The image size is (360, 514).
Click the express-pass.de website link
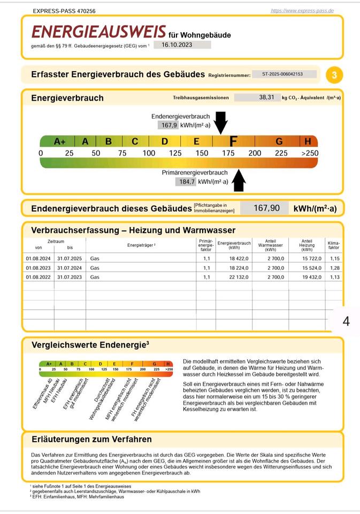click(302, 10)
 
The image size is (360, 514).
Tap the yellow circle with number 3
click(334, 75)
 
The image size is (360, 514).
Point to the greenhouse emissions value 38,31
click(266, 97)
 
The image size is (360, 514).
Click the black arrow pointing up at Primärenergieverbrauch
click(239, 180)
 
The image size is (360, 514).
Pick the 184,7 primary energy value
click(186, 182)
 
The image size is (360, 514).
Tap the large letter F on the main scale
click(233, 141)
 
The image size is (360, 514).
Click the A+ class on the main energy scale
click(59, 142)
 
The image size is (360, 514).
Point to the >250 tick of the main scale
click(309, 153)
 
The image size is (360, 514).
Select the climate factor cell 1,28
click(334, 268)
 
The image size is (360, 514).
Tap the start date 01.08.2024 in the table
click(38, 258)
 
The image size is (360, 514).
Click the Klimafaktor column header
click(334, 245)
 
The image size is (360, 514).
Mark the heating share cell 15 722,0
click(307, 258)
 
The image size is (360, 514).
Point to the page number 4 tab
click(346, 321)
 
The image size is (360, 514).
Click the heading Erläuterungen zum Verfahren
click(91, 439)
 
